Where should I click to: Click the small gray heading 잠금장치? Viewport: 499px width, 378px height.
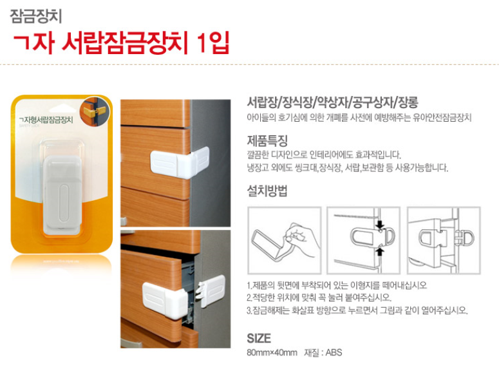click(36, 16)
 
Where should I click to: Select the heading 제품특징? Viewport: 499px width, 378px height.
click(267, 140)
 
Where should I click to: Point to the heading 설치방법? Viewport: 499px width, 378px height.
click(267, 191)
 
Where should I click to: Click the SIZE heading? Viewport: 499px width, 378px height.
click(259, 338)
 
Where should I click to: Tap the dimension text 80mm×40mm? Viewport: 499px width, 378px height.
click(272, 352)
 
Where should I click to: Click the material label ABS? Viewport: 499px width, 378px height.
click(334, 352)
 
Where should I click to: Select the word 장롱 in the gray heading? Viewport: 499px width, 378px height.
click(408, 102)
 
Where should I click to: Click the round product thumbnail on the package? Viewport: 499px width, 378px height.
click(95, 111)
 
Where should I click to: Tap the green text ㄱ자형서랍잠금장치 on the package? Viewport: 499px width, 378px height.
click(46, 120)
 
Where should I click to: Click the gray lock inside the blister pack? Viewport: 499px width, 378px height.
click(62, 194)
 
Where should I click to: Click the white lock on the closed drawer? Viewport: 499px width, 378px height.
click(180, 162)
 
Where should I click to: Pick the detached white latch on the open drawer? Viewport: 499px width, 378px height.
click(211, 290)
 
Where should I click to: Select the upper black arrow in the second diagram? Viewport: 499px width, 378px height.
click(380, 224)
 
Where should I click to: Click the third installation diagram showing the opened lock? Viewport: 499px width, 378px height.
click(444, 240)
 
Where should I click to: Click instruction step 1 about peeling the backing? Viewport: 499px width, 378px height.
click(337, 285)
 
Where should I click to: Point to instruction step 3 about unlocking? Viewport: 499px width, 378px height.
click(357, 310)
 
